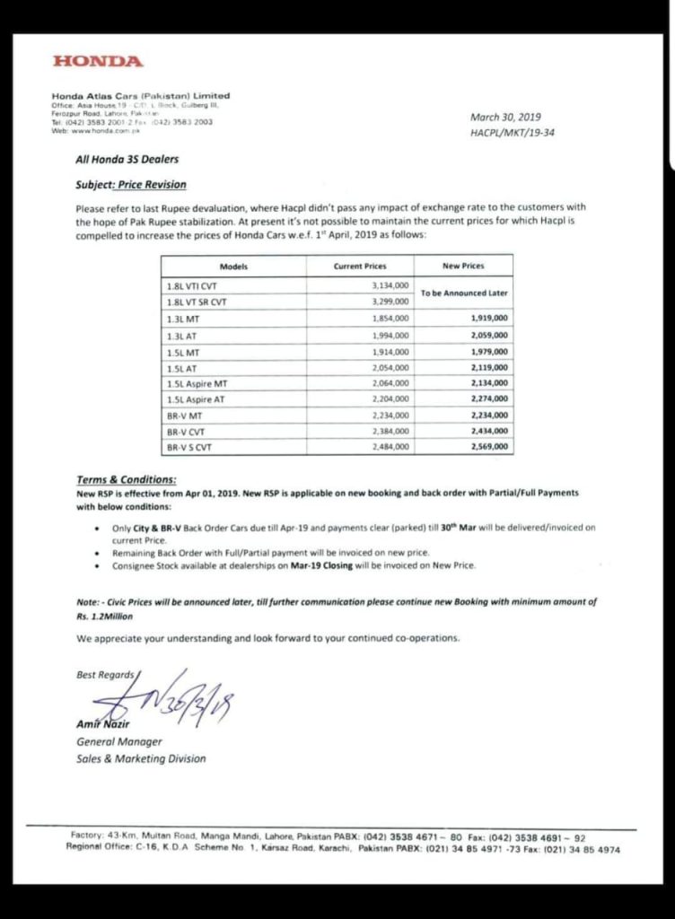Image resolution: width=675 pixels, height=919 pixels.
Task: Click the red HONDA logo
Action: (x=98, y=62)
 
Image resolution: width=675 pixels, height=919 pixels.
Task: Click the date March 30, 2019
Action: (x=505, y=118)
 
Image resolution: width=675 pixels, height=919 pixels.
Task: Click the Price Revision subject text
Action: (x=150, y=184)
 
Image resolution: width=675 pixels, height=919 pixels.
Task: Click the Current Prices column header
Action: (x=360, y=267)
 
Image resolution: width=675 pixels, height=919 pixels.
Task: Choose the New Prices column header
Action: (x=463, y=267)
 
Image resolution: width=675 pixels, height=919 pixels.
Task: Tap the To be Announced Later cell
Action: (x=464, y=293)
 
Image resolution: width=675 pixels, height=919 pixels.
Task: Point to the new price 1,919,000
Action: (x=489, y=318)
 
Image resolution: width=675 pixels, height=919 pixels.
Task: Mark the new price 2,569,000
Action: (x=489, y=447)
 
